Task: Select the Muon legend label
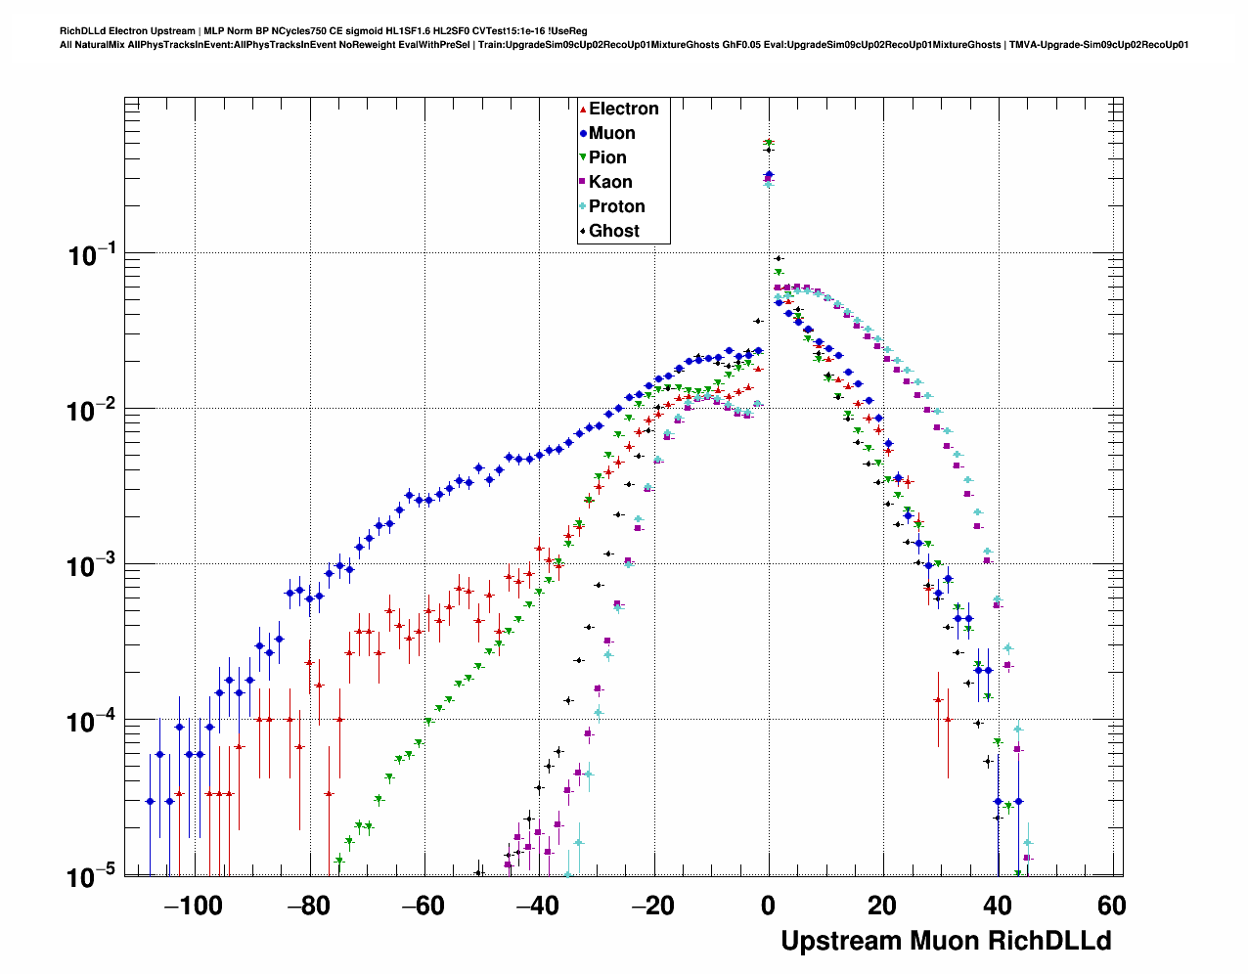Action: click(x=611, y=133)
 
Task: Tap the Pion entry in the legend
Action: click(x=607, y=157)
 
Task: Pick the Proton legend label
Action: click(x=616, y=206)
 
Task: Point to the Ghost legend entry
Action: click(x=613, y=231)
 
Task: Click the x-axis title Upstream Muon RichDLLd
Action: click(x=946, y=941)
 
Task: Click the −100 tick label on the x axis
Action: click(x=193, y=907)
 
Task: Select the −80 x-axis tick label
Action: click(x=308, y=907)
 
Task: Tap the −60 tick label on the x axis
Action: click(x=423, y=907)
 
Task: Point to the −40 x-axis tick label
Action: click(x=537, y=907)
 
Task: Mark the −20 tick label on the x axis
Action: click(x=652, y=907)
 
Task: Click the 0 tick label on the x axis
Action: click(x=769, y=907)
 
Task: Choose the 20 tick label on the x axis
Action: click(x=883, y=907)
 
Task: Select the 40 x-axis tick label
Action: click(x=998, y=907)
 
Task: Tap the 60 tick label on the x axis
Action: click(x=1112, y=907)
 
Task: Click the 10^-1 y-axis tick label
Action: click(x=92, y=255)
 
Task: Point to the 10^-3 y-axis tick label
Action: click(x=92, y=566)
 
